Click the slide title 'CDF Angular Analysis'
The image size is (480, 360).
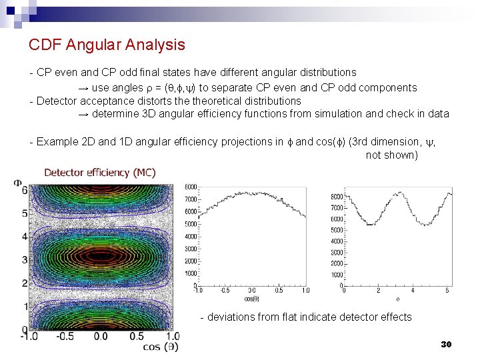point(107,45)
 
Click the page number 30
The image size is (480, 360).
point(446,344)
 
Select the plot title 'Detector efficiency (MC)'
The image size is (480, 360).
point(100,173)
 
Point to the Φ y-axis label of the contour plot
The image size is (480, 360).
point(17,182)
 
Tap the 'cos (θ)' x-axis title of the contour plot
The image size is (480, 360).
point(160,347)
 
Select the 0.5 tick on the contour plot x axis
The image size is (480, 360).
point(137,337)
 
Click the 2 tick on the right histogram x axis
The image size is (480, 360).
point(378,290)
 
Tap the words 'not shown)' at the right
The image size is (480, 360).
point(392,155)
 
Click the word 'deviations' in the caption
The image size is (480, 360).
point(232,317)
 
